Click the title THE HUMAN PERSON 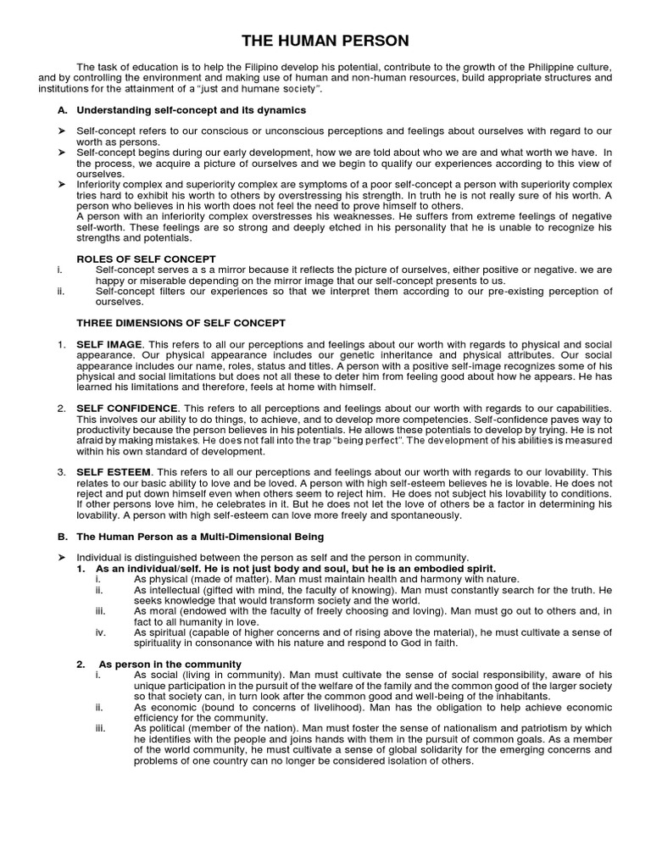click(325, 40)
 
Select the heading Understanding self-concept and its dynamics click(191, 110)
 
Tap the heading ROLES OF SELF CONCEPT click(146, 259)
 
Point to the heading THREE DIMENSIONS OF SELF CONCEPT click(181, 323)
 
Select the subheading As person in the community click(170, 664)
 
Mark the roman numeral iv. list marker click(101, 632)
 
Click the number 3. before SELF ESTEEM click(61, 472)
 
